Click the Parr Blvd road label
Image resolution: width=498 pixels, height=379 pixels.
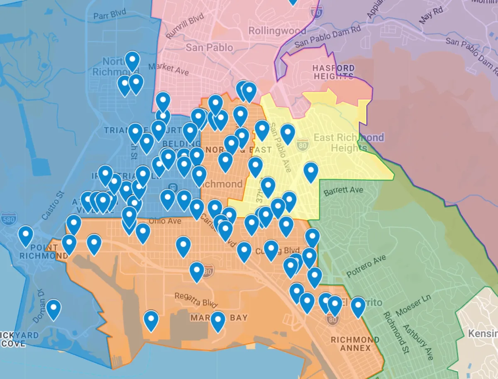click(110, 16)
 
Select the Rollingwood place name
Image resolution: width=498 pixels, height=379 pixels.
click(277, 31)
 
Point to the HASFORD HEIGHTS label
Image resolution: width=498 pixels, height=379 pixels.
click(334, 72)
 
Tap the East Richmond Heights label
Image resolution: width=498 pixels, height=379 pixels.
click(349, 142)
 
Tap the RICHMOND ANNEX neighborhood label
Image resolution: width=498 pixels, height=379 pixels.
click(355, 344)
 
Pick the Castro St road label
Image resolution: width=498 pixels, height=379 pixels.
click(54, 205)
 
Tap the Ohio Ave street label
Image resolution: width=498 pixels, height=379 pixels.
click(165, 221)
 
